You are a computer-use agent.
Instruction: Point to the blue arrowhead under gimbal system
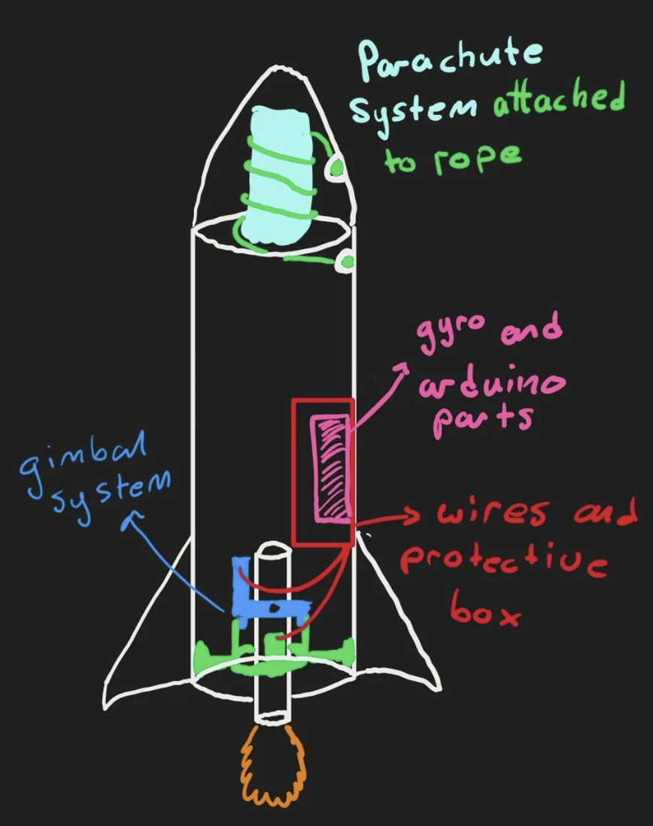pyautogui.click(x=136, y=517)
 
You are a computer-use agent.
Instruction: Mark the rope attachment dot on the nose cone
pyautogui.click(x=335, y=169)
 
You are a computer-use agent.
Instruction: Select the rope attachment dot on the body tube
pyautogui.click(x=346, y=262)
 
